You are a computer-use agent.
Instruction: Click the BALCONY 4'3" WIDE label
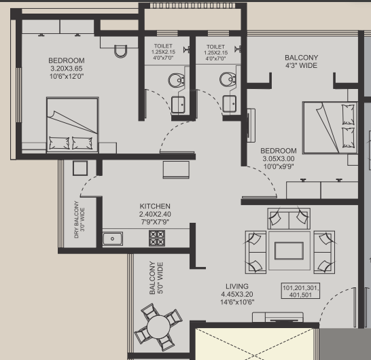pos(301,62)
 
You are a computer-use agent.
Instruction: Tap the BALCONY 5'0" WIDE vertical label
pos(156,278)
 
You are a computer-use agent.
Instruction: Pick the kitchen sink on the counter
pos(112,238)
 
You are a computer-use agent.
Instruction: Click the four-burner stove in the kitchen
pos(157,238)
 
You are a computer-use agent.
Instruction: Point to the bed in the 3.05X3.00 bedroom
pos(329,128)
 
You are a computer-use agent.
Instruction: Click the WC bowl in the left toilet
pos(176,79)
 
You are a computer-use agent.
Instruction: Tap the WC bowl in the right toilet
pos(226,79)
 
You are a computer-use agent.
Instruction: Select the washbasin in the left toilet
pos(178,104)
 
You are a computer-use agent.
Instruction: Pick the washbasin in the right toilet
pos(230,104)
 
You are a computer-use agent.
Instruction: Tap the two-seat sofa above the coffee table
pos(288,219)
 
